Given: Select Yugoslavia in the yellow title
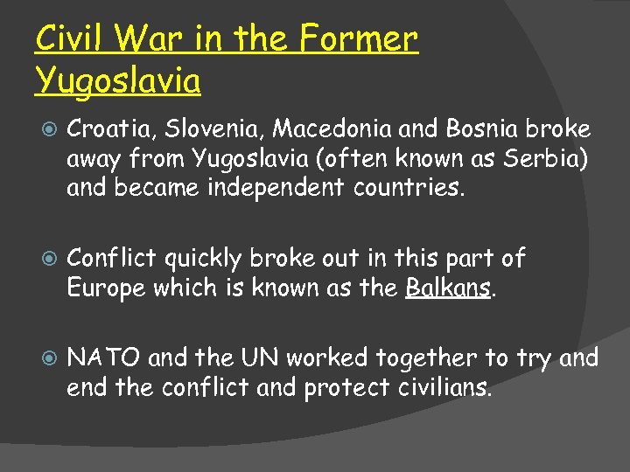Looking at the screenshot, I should [x=118, y=80].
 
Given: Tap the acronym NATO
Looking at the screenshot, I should [x=105, y=357].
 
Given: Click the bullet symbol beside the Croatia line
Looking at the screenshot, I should [x=48, y=130].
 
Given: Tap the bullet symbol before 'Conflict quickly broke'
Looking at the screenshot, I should [x=48, y=259].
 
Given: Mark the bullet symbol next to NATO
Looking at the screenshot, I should [x=48, y=358].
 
